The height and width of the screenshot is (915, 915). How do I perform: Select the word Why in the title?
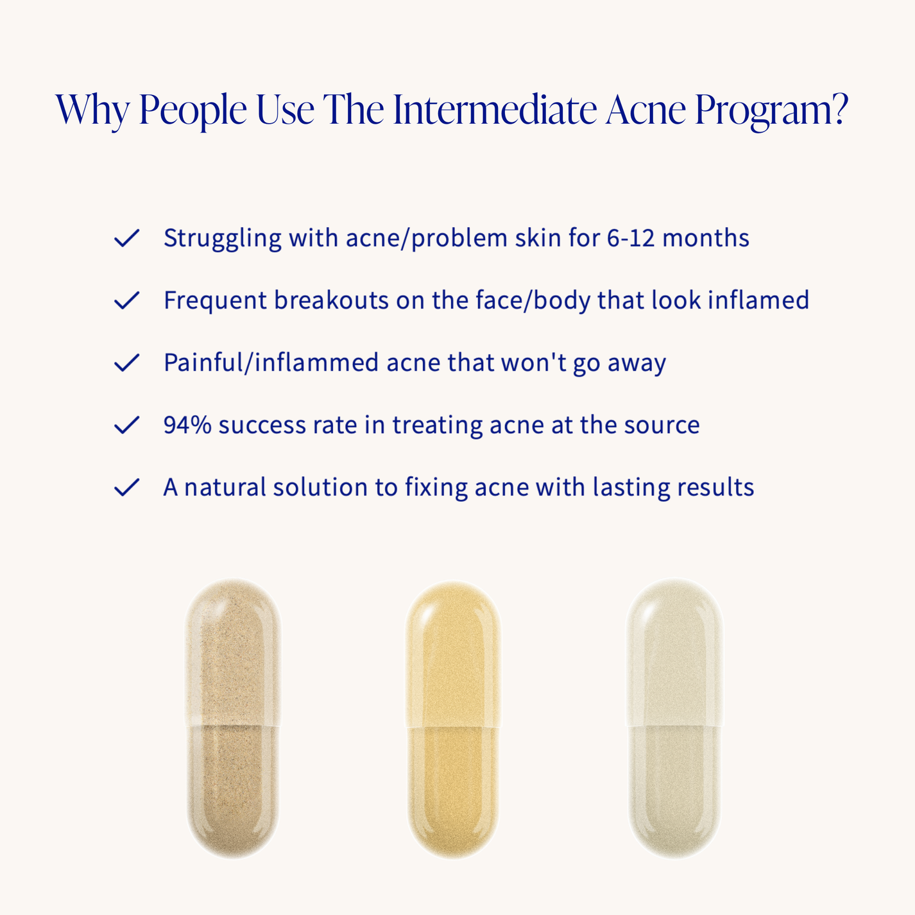click(93, 110)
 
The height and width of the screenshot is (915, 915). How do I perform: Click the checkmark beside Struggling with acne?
click(126, 238)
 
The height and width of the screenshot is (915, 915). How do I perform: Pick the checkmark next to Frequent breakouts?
click(126, 300)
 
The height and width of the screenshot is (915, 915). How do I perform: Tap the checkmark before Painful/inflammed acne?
click(126, 363)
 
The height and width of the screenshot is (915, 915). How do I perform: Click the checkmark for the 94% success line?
click(126, 425)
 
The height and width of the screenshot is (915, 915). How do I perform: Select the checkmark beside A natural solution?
click(126, 487)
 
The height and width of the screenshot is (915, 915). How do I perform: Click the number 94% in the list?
click(187, 425)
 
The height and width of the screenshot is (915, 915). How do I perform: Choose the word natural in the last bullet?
click(225, 487)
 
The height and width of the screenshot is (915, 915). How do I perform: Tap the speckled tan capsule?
click(233, 719)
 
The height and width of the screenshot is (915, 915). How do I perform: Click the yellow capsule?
click(453, 719)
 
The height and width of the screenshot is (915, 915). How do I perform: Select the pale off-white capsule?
click(674, 719)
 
